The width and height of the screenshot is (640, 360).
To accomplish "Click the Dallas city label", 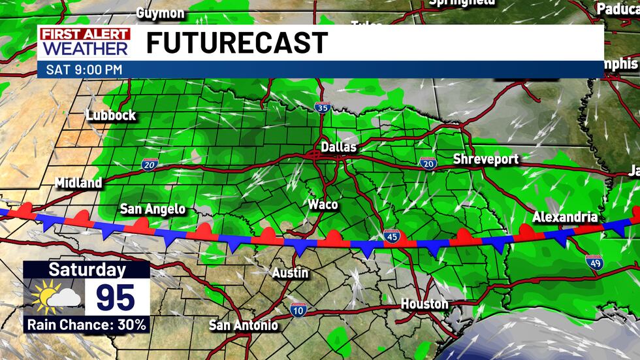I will coord(339,148).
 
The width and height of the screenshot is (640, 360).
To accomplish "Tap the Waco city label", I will coord(323,205).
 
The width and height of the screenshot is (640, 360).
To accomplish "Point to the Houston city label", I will coord(424,304).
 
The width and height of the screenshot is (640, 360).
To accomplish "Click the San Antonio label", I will coord(244,325).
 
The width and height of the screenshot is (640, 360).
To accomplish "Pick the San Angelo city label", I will coord(153,209).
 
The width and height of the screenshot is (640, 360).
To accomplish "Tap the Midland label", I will coord(78,183).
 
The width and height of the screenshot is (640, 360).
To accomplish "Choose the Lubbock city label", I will coord(111,116).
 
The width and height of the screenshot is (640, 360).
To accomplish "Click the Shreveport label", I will coord(486,159).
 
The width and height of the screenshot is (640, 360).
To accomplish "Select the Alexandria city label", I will coord(565,217).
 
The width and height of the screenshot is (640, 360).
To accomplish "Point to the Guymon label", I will coord(161,12).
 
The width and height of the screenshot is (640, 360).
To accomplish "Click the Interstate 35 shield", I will coord(321,107).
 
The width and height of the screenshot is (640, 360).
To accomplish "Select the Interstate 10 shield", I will coord(298,310).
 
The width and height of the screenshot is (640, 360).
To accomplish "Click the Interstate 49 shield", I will coord(594,261).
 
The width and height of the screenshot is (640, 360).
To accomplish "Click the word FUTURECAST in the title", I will coord(236,43).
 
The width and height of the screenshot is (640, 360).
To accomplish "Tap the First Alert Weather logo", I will coord(85,42).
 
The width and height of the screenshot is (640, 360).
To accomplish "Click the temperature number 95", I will coord(116,297).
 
